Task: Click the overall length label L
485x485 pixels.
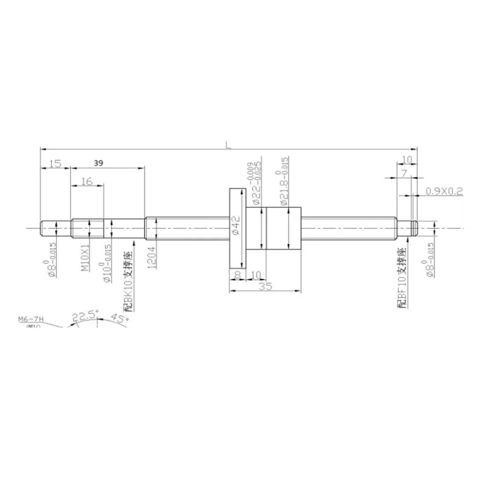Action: point(228,145)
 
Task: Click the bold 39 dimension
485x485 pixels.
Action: point(98,163)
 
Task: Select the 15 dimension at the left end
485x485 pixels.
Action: point(55,164)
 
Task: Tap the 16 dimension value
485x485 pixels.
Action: point(87,181)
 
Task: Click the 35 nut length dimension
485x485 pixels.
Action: point(265,286)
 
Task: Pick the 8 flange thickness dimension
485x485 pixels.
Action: point(238,275)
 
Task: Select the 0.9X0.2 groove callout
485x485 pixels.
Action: point(444,191)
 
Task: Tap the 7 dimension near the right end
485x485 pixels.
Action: point(403,173)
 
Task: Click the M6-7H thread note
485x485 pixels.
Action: point(31,319)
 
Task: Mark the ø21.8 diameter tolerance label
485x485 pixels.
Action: point(283,181)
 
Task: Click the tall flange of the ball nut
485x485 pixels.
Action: point(238,228)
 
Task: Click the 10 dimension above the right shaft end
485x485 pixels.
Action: point(407,160)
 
